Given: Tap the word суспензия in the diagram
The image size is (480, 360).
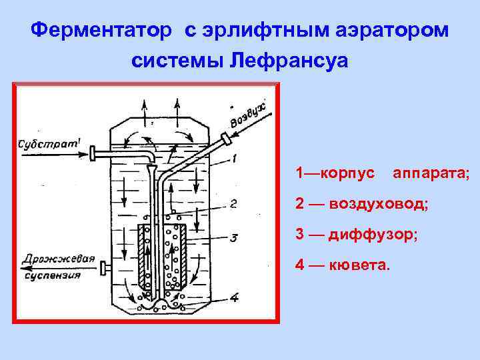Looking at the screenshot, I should coord(53,273).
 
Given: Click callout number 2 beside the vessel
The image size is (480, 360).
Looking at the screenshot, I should coord(232,204).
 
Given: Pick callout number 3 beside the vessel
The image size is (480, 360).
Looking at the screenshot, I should coord(233,238).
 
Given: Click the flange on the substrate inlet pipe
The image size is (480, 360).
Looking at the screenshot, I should coord(93,154).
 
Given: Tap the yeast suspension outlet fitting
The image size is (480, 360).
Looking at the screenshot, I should coord(103,269).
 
